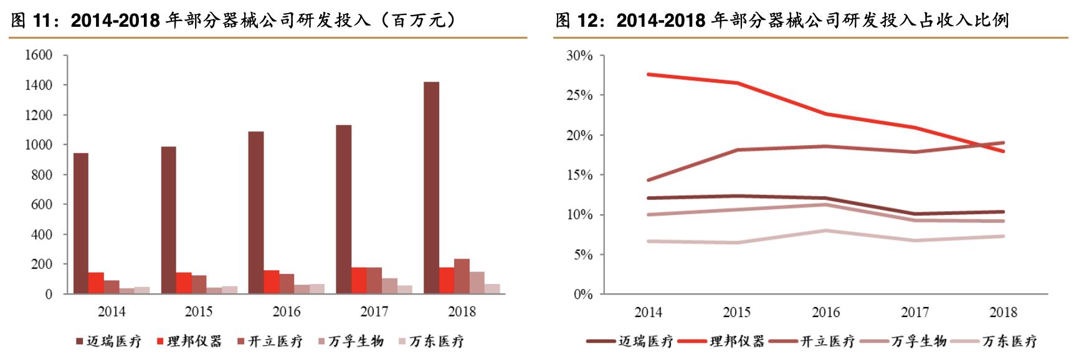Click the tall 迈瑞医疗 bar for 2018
coord(431,187)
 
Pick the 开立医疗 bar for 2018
coord(462,276)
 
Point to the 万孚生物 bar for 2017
coord(389,285)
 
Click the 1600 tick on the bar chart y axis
coord(39,55)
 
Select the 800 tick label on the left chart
coord(42,175)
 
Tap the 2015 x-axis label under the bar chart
coord(199,311)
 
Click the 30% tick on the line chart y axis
coord(579,56)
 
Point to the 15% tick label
coord(579,175)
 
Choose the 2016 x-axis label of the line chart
coord(825,312)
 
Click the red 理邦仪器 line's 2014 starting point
coord(649,74)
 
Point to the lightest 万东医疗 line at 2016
coord(826,230)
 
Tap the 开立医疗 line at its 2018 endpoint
coord(1003,143)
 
